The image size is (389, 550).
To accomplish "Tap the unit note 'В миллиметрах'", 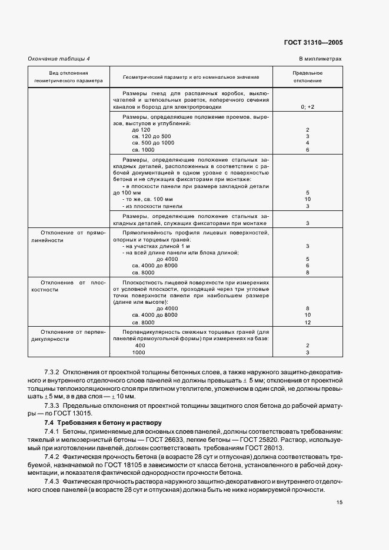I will pos(320,59).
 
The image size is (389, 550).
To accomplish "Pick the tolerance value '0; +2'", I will pos(307,107).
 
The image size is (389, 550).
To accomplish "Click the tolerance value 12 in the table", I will pos(307,322).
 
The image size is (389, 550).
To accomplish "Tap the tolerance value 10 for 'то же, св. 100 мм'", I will pos(307,199).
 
